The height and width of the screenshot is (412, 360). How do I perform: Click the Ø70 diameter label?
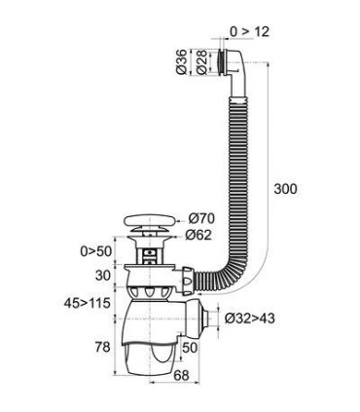click(x=201, y=217)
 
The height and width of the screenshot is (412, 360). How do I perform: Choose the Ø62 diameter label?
click(x=201, y=235)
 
